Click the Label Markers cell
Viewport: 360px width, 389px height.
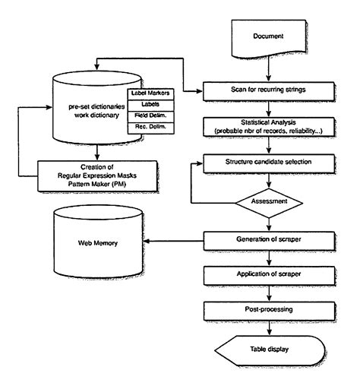[151, 93]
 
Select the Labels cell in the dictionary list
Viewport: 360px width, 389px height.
[151, 104]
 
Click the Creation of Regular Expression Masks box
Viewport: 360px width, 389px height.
[90, 170]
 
